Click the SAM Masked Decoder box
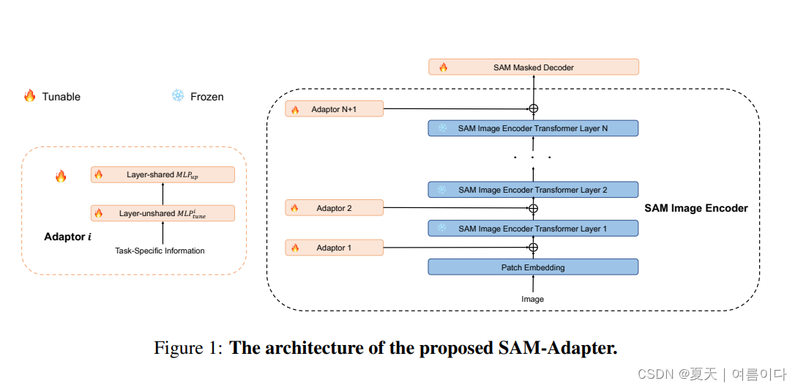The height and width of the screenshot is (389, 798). coord(533,67)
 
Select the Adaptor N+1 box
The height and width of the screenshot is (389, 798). coord(335,109)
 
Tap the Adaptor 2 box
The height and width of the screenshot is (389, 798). coord(335,208)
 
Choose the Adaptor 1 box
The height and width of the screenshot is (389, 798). coord(335,248)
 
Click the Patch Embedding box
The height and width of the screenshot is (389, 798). coord(533,267)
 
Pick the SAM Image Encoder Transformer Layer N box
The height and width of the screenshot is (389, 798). coord(533,128)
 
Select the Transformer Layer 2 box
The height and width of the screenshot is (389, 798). coord(533,190)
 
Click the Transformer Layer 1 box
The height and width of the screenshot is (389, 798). coord(533,229)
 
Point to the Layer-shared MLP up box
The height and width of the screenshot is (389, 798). coord(163,174)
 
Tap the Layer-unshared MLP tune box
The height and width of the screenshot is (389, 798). coord(163,213)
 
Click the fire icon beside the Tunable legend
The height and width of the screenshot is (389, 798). coord(29,96)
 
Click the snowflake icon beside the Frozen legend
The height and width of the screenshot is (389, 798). coord(177,96)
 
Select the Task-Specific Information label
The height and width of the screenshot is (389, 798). coord(160,251)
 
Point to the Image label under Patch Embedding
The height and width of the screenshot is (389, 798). coord(532,299)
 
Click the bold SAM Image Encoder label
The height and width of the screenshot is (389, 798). coord(696,208)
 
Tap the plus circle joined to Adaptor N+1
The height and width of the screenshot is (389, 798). coord(533,109)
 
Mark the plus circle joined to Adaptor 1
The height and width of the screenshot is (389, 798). coord(533,248)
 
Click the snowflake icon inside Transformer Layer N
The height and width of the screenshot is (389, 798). coord(442,128)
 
